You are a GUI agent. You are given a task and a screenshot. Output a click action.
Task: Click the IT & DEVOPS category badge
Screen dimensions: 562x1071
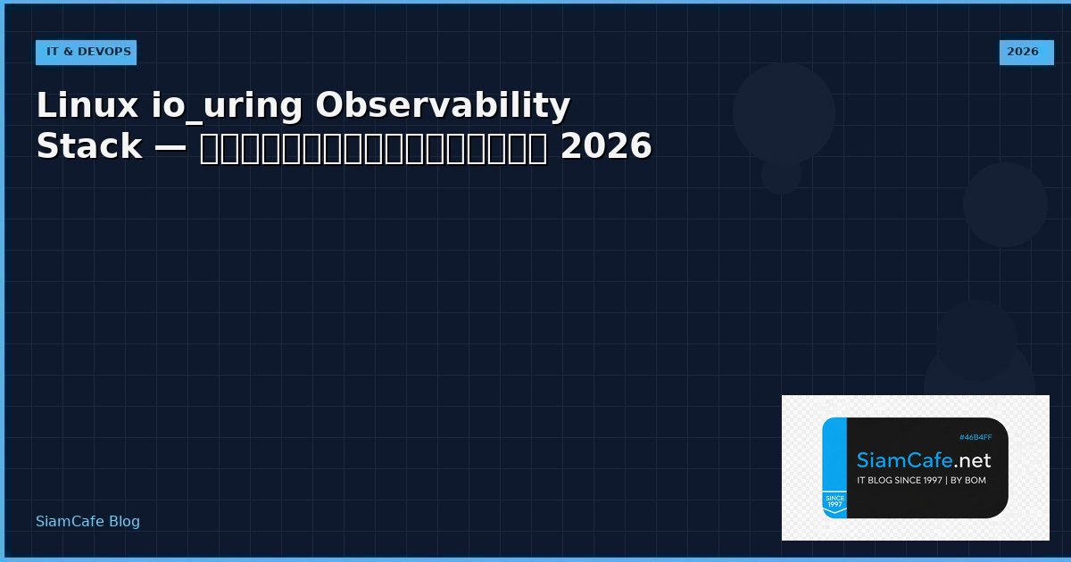pyautogui.click(x=87, y=52)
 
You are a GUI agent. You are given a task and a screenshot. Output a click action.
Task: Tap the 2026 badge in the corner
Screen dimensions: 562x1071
pyautogui.click(x=1023, y=52)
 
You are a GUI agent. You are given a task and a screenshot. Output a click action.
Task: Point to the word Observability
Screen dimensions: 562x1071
pyautogui.click(x=443, y=106)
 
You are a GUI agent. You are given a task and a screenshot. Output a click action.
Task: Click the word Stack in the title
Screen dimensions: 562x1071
pyautogui.click(x=89, y=146)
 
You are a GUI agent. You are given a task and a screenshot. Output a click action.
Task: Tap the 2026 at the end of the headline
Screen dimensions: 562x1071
pyautogui.click(x=606, y=146)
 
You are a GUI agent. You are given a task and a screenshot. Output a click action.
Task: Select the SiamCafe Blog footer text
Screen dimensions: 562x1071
pyautogui.click(x=87, y=522)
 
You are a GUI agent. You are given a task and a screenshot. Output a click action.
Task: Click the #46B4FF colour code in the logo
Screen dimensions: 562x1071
pyautogui.click(x=975, y=437)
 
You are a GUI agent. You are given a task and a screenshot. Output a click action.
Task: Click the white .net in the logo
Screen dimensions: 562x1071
pyautogui.click(x=970, y=460)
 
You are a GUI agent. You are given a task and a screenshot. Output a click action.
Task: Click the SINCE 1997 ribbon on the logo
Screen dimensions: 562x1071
pyautogui.click(x=834, y=502)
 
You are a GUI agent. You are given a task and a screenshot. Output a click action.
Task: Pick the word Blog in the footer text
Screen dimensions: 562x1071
pyautogui.click(x=124, y=522)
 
